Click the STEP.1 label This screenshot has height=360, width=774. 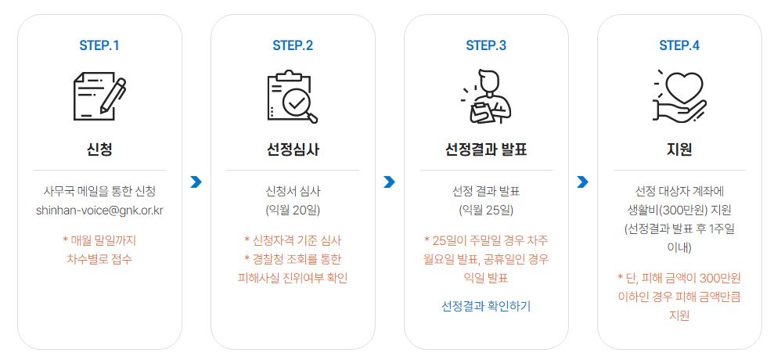pos(99,45)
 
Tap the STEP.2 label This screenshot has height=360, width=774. pos(293,45)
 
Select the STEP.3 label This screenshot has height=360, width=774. pos(486,45)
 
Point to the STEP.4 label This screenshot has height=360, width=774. pos(679,45)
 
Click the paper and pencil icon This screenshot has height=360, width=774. pos(99,98)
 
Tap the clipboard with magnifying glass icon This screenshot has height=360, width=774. pos(293,98)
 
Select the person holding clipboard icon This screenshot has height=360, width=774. pos(486,98)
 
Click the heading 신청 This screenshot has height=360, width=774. pos(99,149)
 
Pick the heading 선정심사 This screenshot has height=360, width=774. pos(293,149)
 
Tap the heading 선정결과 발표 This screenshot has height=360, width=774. pos(486,149)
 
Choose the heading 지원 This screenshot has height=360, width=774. pos(679,149)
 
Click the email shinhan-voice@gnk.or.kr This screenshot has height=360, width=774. pos(99,211)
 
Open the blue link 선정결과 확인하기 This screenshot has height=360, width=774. pos(486,305)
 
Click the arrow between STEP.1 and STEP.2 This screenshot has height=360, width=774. pos(196,182)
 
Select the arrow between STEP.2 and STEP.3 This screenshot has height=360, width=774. pos(390,182)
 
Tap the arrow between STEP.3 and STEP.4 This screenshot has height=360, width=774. pos(582,182)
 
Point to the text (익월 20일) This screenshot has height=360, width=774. pos(293,211)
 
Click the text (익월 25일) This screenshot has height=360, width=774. pos(486,211)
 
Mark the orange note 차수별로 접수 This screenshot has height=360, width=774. pos(99,258)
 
